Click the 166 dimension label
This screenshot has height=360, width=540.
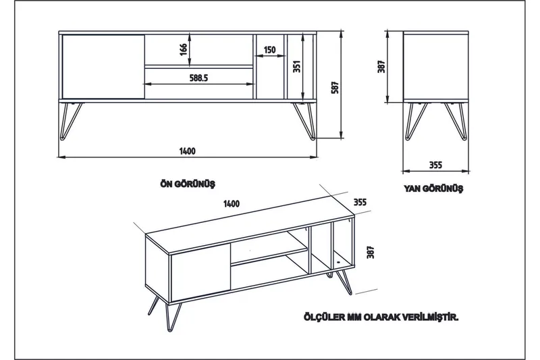[183, 49]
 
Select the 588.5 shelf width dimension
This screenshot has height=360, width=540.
[198, 78]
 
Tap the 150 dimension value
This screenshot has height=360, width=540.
[269, 50]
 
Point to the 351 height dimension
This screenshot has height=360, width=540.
[296, 66]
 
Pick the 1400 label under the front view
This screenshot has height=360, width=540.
[188, 151]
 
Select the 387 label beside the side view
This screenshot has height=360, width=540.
[381, 68]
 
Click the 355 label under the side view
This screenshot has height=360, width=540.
[435, 165]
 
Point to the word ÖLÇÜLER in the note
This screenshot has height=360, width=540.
[323, 316]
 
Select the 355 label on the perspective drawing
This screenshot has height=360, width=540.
[360, 201]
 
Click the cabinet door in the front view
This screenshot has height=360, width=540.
[103, 66]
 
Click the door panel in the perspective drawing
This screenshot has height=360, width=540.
[199, 274]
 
